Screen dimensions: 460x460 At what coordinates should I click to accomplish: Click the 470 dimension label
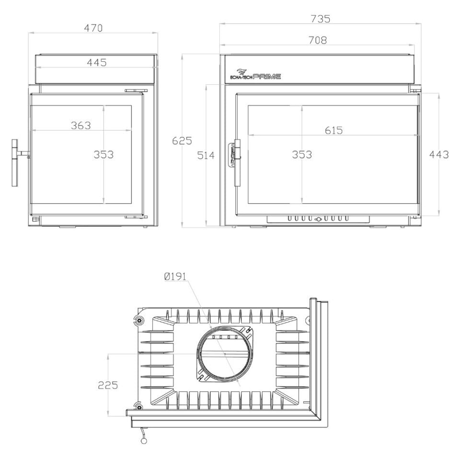(93, 28)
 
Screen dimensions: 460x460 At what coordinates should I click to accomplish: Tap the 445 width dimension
(97, 62)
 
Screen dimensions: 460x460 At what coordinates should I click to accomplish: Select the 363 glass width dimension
(81, 126)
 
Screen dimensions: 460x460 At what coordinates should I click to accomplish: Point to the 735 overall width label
(321, 19)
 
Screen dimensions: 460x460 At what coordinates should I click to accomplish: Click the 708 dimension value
(318, 40)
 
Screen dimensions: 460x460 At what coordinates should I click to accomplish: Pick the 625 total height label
(182, 141)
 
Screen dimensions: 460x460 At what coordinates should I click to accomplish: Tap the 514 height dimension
(206, 155)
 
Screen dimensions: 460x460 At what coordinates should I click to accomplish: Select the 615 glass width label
(334, 130)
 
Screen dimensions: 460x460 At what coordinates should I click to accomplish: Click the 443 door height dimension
(439, 155)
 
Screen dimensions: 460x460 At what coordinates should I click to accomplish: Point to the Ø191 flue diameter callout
(175, 276)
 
